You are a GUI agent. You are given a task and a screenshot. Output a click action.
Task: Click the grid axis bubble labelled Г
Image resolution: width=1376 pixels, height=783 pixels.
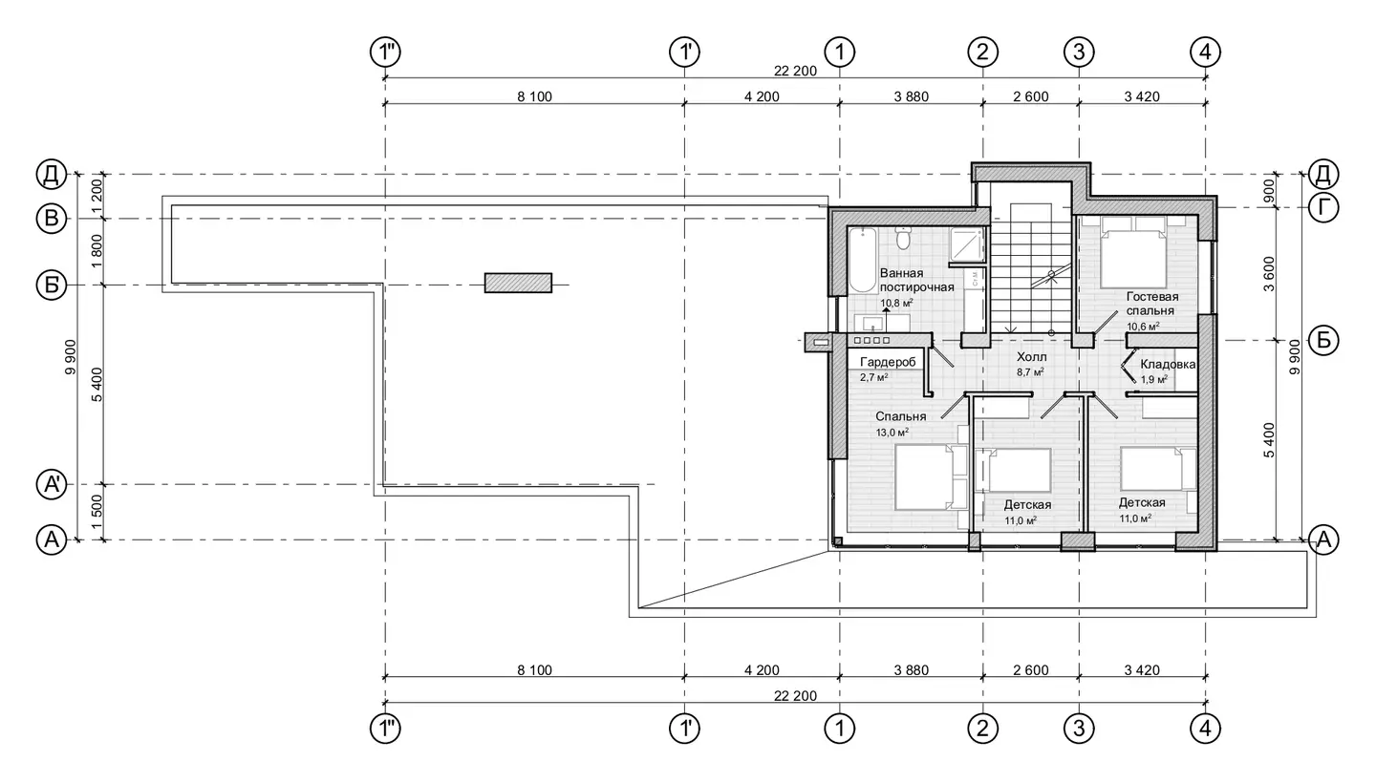1323,208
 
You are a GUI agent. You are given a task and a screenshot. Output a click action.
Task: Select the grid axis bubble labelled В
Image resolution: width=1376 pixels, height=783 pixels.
52,219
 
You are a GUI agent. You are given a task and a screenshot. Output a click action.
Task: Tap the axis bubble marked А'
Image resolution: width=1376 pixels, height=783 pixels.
52,485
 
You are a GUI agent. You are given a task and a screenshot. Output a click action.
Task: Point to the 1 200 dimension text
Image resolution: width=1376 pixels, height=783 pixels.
97,197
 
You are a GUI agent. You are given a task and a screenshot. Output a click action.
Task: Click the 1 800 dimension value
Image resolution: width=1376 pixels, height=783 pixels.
97,251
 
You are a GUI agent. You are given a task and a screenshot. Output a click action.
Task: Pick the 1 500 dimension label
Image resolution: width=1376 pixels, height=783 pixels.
97,513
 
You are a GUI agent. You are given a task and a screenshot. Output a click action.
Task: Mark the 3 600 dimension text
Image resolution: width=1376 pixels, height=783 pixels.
1269,274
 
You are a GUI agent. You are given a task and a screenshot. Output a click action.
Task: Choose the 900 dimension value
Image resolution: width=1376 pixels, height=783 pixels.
1269,191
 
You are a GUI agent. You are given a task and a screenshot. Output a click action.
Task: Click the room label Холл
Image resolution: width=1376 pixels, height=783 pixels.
1031,357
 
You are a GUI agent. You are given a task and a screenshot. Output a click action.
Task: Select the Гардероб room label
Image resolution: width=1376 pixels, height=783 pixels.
888,362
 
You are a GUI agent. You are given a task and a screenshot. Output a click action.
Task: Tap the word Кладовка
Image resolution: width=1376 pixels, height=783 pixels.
1168,365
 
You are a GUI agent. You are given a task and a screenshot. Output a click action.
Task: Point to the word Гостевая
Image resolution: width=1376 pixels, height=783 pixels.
1152,297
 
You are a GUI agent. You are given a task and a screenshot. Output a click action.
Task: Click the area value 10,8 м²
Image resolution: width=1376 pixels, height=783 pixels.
897,303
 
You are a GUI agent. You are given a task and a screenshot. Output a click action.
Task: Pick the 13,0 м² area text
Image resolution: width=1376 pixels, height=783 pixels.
892,432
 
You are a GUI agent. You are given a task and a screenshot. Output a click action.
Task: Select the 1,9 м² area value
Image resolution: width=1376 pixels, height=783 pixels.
1154,380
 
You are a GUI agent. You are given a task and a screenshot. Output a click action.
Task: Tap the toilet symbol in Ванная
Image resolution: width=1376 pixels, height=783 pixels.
902,238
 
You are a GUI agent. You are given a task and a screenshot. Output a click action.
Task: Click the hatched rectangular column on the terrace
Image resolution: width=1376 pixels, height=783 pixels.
518,283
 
